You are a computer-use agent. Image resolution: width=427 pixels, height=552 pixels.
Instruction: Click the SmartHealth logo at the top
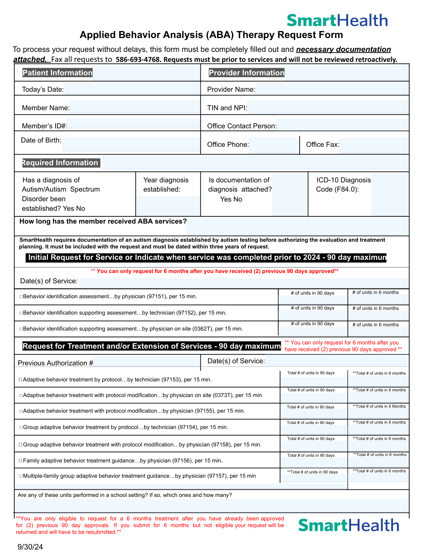tap(337, 21)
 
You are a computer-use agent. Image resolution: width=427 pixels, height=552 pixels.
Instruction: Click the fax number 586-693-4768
tap(138, 59)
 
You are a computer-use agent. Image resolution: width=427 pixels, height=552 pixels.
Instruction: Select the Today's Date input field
tap(132, 89)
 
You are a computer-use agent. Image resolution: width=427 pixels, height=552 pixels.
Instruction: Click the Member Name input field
tap(135, 107)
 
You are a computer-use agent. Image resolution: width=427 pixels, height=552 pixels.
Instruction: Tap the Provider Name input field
tap(332, 89)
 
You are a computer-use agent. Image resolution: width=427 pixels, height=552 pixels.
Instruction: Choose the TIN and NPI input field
tap(327, 107)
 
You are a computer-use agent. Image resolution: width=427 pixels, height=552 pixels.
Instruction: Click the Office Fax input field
tap(373, 145)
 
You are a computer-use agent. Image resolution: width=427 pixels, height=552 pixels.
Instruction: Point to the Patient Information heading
tap(57, 73)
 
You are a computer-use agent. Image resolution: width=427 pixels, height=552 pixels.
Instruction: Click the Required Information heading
tap(60, 163)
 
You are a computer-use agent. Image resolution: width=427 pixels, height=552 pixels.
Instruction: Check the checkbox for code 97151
tap(21, 296)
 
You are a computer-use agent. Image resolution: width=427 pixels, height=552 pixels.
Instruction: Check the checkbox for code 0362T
tap(21, 329)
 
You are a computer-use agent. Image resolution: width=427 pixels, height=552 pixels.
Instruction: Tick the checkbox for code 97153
tap(21, 380)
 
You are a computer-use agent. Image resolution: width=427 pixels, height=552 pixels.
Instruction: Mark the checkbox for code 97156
tap(21, 461)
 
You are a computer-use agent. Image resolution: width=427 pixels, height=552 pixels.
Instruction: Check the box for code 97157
tap(21, 476)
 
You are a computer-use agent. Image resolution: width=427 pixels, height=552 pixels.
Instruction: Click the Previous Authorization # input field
tap(146, 361)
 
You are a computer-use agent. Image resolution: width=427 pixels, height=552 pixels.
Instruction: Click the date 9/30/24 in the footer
tap(30, 547)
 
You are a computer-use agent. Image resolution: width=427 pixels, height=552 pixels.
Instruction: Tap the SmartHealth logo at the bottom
tap(348, 525)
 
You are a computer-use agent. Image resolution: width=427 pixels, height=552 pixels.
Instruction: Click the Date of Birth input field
tap(131, 144)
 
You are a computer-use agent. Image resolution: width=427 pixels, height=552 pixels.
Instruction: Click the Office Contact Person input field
tap(342, 125)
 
